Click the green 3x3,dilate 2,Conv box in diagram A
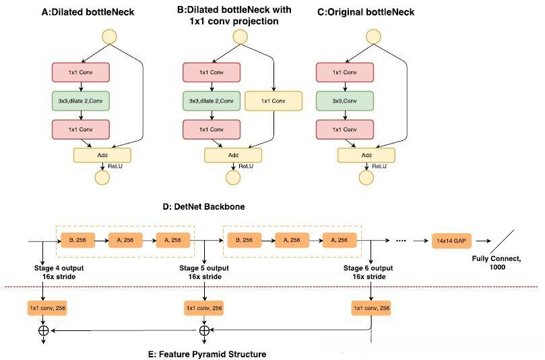(80, 101)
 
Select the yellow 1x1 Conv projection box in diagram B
(274, 101)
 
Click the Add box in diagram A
(102, 154)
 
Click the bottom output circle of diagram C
(366, 177)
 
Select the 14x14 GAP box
(451, 239)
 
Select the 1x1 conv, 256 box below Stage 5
(203, 308)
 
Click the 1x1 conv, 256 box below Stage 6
(371, 308)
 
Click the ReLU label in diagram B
(245, 166)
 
